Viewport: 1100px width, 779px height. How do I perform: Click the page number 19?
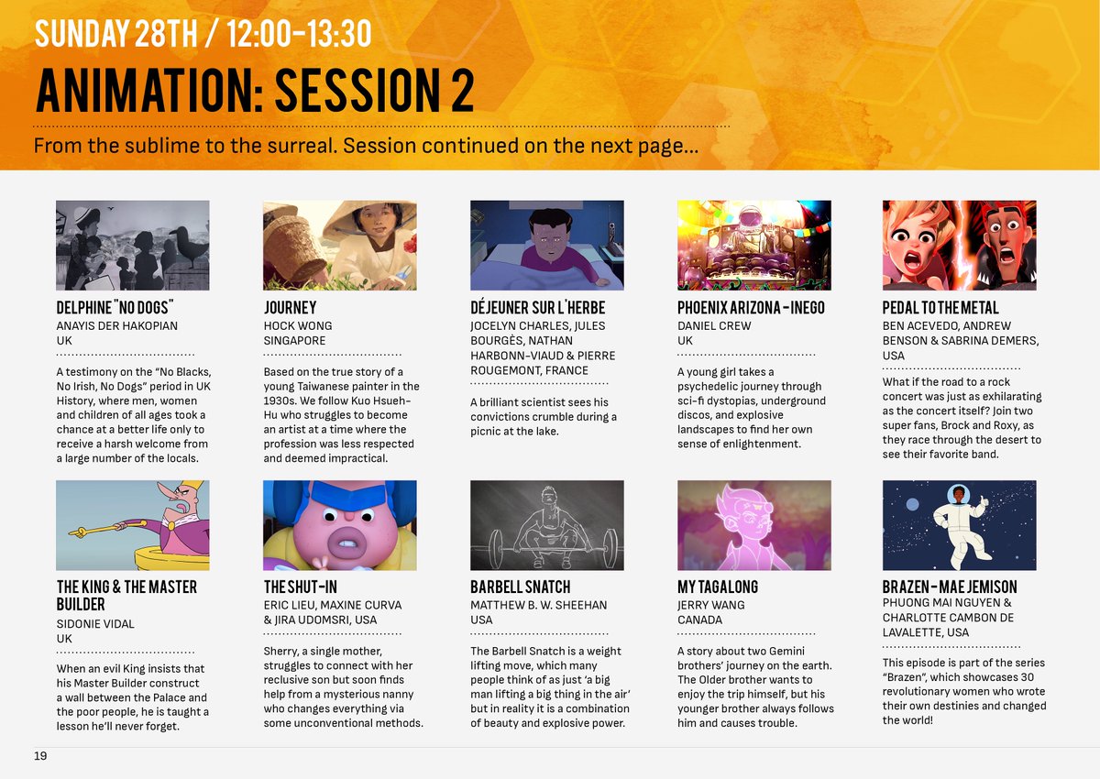(x=40, y=756)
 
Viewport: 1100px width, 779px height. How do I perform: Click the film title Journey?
(x=290, y=308)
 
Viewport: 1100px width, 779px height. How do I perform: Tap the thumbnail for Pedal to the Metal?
(x=959, y=245)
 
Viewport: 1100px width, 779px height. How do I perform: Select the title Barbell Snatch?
(x=520, y=587)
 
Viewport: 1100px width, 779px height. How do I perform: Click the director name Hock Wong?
(x=298, y=325)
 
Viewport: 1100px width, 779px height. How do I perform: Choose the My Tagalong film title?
(x=718, y=587)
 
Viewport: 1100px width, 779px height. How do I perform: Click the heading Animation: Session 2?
(x=254, y=90)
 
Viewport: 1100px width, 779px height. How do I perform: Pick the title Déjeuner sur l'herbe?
(x=537, y=308)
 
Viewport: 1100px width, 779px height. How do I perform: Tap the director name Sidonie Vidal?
(x=95, y=623)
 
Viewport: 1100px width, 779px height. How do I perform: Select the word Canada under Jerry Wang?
(x=699, y=620)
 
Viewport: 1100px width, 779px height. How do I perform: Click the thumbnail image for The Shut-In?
(x=339, y=525)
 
